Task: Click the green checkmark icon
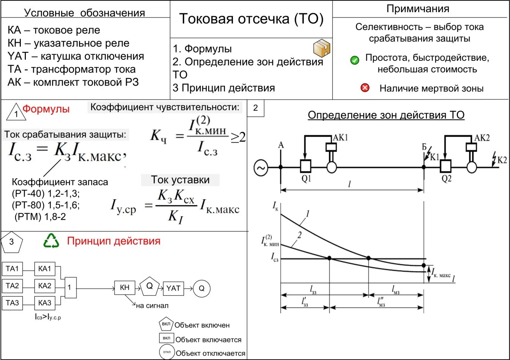pos(355,60)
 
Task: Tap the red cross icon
pos(365,88)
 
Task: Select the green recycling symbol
pos(52,241)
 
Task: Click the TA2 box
pos(12,285)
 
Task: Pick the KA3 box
pos(44,303)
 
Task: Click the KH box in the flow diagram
pos(125,288)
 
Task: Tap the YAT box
pos(173,288)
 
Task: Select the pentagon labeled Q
pos(150,286)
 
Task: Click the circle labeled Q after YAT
pos(201,289)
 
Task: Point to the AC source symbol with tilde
pos(261,167)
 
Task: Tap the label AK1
pos(341,138)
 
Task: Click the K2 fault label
pos(502,160)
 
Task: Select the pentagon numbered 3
pos(12,242)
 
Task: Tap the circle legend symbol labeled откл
pos(166,352)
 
